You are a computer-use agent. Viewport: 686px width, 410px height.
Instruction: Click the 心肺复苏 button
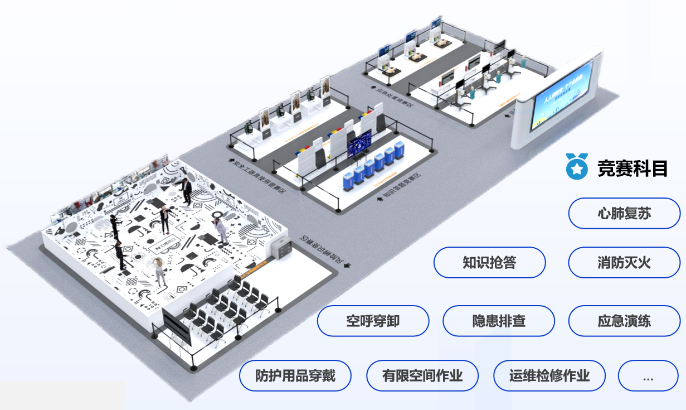pyautogui.click(x=624, y=214)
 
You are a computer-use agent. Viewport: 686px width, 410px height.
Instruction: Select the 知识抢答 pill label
pyautogui.click(x=489, y=262)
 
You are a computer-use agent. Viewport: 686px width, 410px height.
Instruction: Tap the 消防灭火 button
pyautogui.click(x=624, y=262)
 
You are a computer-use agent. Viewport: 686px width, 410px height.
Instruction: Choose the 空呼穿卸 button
pyautogui.click(x=373, y=321)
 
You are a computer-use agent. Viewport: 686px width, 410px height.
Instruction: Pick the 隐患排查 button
pyautogui.click(x=498, y=321)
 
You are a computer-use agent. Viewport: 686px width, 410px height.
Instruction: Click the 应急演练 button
pyautogui.click(x=624, y=321)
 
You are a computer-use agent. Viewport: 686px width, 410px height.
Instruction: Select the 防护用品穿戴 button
pyautogui.click(x=295, y=375)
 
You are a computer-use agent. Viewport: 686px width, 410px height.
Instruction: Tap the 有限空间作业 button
pyautogui.click(x=422, y=375)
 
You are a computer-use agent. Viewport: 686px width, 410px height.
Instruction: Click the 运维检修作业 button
pyautogui.click(x=549, y=375)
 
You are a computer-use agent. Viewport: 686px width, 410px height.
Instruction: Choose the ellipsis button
pyautogui.click(x=648, y=375)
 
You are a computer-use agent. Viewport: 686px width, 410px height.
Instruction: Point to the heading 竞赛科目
pyautogui.click(x=633, y=168)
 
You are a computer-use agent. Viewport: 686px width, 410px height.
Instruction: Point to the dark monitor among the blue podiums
pyautogui.click(x=359, y=144)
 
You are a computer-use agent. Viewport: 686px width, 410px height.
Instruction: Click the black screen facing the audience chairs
pyautogui.click(x=177, y=329)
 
